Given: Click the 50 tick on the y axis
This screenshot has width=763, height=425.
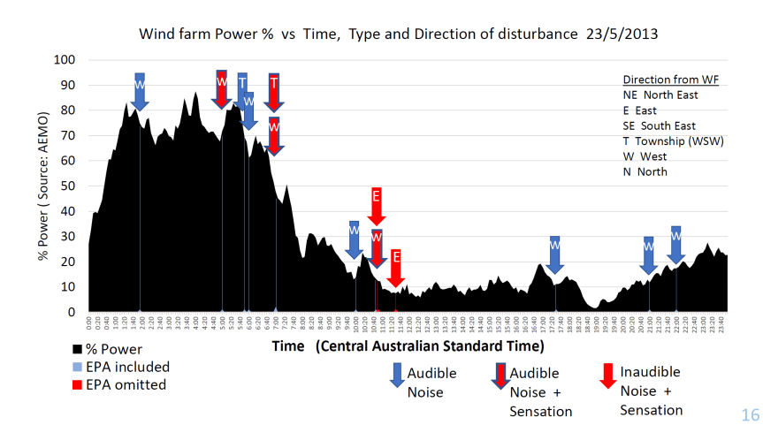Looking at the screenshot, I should pyautogui.click(x=68, y=186).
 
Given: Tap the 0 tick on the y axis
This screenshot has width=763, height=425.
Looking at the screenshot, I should pyautogui.click(x=72, y=313).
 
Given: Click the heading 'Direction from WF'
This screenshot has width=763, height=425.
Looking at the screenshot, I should pyautogui.click(x=671, y=80).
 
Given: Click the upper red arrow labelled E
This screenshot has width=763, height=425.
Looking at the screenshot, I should pyautogui.click(x=376, y=205).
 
